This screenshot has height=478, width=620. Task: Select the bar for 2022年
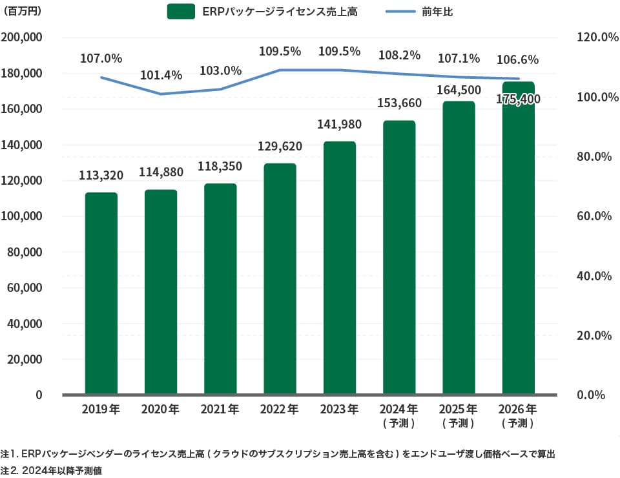click(280, 278)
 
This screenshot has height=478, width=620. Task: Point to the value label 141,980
click(340, 124)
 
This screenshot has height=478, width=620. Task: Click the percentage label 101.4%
click(161, 75)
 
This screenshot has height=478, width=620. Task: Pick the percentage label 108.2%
click(399, 56)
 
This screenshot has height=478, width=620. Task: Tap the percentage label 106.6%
click(518, 60)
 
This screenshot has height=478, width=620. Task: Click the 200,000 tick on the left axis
click(23, 37)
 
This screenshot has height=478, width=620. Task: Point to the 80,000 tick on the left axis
click(25, 252)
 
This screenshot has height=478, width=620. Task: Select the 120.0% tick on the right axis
click(593, 37)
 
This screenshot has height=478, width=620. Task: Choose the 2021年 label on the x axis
click(220, 409)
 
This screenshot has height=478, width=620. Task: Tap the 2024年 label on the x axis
click(399, 409)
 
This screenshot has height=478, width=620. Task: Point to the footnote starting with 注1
click(278, 454)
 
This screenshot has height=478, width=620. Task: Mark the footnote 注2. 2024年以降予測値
click(52, 471)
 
